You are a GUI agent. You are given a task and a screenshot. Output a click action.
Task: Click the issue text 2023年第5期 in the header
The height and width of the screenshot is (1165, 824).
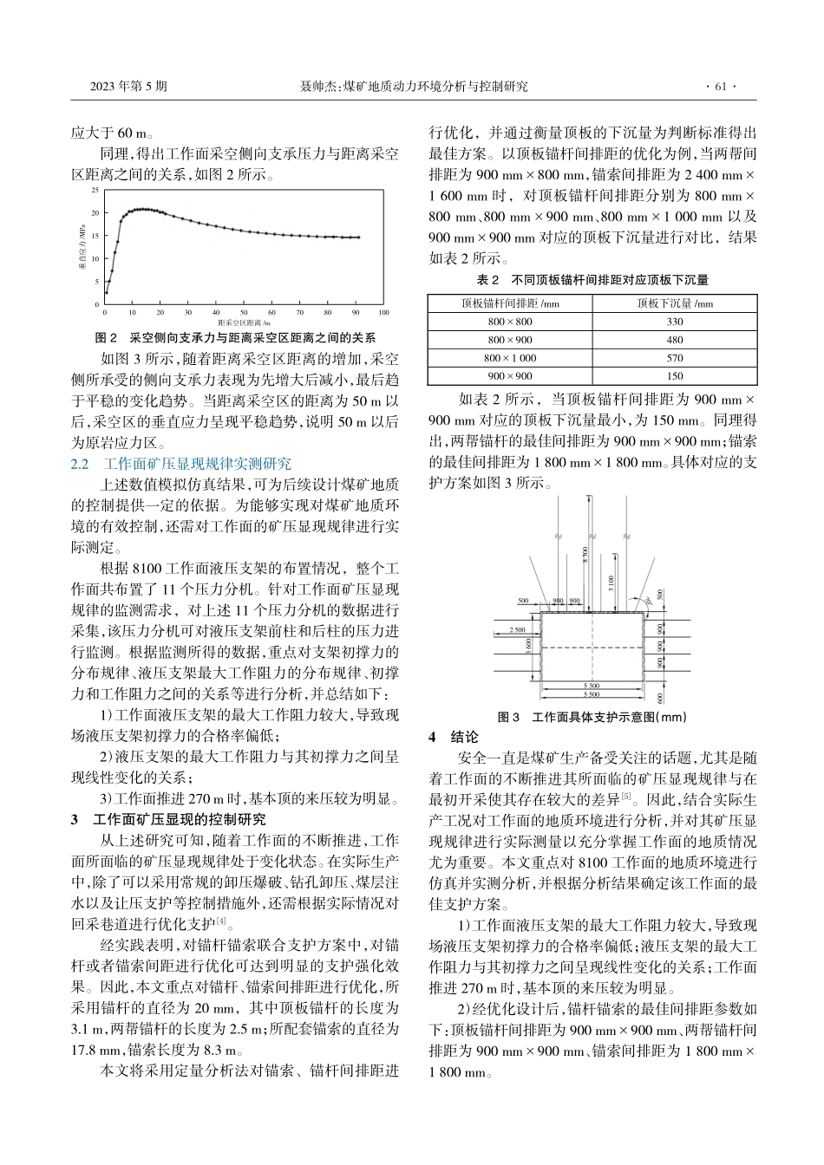point(128,87)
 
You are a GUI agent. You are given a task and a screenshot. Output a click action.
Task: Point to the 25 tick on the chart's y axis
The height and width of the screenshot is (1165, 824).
point(95,189)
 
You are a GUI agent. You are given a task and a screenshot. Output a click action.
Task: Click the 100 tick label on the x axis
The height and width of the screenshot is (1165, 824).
point(383,312)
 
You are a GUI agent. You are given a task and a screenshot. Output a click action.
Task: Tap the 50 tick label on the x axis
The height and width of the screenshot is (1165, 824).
point(244,312)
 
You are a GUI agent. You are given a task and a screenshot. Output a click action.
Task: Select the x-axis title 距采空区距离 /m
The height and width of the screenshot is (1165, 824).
point(244,322)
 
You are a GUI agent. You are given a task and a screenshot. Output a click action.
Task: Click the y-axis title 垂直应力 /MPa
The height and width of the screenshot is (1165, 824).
point(82,247)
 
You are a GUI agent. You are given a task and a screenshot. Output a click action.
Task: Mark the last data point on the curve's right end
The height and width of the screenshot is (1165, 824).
point(358,237)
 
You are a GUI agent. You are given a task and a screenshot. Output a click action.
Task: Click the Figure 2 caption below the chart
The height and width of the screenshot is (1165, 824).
point(234,337)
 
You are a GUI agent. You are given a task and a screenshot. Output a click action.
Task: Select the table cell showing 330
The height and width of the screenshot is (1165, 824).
point(674,322)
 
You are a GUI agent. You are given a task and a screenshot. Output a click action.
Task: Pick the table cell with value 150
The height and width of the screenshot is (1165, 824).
point(674,376)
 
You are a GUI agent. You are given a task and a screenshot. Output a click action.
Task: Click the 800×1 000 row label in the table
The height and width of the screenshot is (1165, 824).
point(510,358)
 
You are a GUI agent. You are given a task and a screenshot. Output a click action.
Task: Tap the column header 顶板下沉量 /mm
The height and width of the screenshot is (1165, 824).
point(674,303)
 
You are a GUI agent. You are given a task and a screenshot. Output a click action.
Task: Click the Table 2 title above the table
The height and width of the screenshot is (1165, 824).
point(592,280)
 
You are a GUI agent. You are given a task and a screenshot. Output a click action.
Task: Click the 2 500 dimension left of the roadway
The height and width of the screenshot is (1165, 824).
point(517,630)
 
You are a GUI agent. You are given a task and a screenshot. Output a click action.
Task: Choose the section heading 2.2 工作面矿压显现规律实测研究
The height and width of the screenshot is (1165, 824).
point(181,464)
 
